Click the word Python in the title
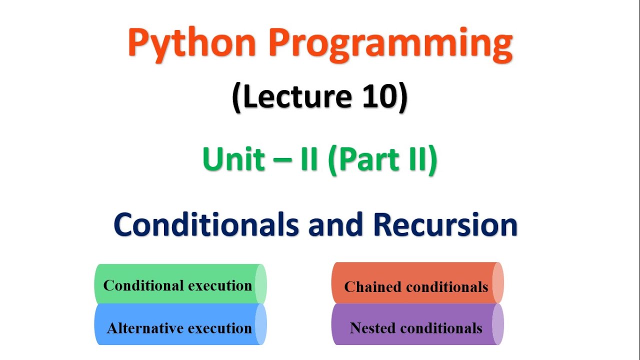click(192, 44)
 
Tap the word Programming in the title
click(390, 44)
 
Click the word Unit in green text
click(233, 160)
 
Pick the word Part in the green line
click(367, 160)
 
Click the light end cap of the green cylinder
click(260, 284)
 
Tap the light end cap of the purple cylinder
click(497, 324)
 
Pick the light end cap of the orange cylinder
click(497, 283)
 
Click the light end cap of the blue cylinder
click(260, 324)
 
